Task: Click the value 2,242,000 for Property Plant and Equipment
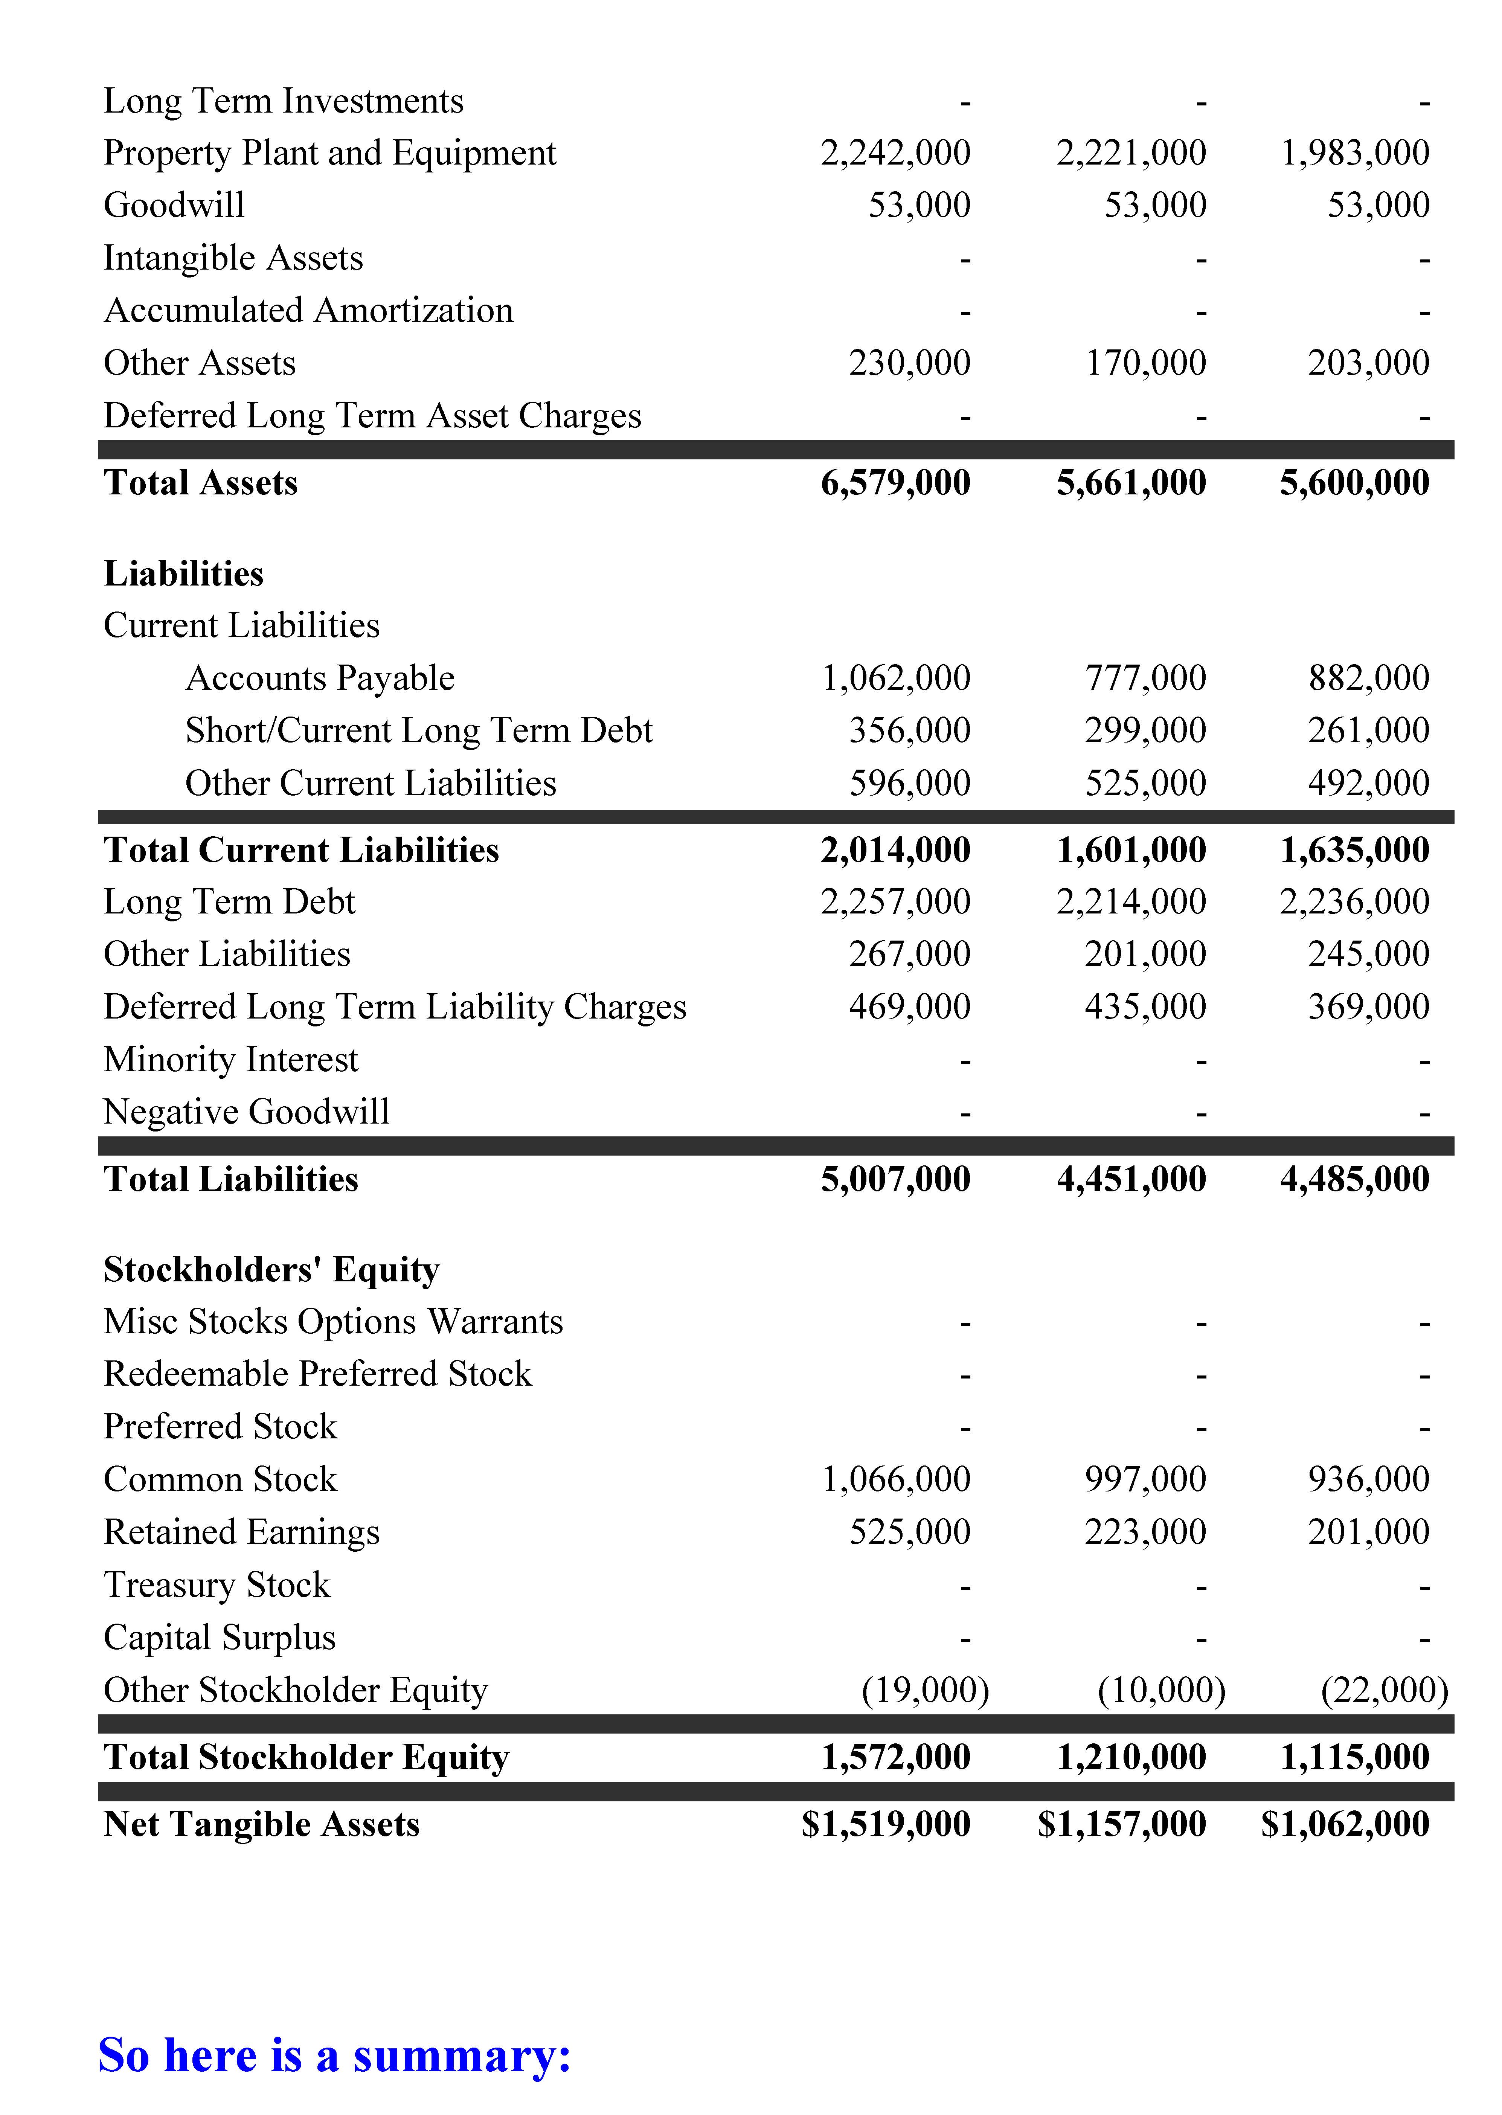point(895,152)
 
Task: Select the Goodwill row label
point(174,205)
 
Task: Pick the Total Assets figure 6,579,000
point(895,483)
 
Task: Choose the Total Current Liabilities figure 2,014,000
point(895,850)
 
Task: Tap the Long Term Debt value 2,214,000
point(1131,902)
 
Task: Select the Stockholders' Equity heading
point(271,1270)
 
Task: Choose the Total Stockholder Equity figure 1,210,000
point(1131,1757)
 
